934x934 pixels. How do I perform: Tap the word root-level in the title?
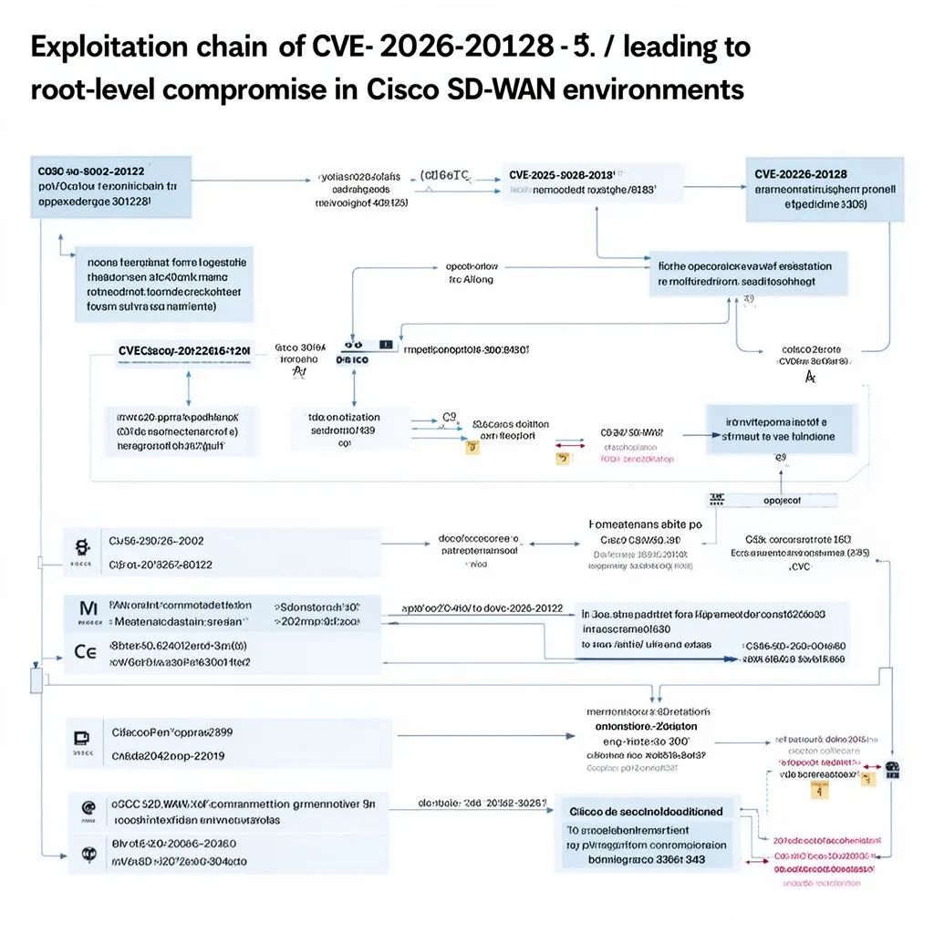click(x=85, y=90)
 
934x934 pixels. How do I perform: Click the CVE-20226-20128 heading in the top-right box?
click(x=800, y=173)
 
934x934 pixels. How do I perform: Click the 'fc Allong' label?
click(x=471, y=280)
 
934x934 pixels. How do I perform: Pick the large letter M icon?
click(x=88, y=608)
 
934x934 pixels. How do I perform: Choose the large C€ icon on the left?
click(x=85, y=652)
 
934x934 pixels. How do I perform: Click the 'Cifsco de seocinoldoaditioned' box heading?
click(x=646, y=811)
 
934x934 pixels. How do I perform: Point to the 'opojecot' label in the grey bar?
click(x=782, y=500)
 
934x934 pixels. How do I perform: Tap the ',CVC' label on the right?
click(x=799, y=566)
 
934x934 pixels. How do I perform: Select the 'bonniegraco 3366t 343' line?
click(x=646, y=859)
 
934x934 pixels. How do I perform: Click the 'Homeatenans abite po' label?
click(x=646, y=524)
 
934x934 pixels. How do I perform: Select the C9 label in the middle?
click(x=449, y=417)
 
